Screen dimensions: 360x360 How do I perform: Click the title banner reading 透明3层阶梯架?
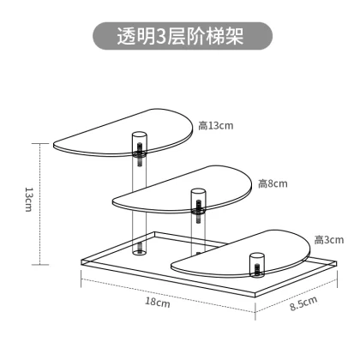coord(183,36)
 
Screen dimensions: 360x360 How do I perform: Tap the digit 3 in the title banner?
coord(161,37)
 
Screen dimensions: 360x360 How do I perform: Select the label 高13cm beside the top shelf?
coord(216,126)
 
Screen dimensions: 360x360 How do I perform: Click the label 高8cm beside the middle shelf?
coord(273,183)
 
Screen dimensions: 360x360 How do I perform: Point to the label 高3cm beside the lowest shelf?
coord(329,240)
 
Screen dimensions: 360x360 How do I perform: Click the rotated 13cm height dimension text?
coord(28,200)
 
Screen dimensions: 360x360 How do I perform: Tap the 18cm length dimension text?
coord(158,302)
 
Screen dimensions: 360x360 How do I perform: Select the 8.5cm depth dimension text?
coord(303,303)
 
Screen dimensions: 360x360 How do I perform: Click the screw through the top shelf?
coord(140,154)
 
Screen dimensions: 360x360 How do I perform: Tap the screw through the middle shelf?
coord(199,211)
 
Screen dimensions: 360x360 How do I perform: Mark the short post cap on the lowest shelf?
coord(256,256)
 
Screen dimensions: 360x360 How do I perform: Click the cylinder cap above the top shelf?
coord(140,135)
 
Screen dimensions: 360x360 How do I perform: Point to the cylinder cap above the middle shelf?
coord(199,192)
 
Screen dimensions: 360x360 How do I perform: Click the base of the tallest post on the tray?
coord(140,251)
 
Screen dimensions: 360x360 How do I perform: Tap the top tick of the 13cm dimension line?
coord(40,143)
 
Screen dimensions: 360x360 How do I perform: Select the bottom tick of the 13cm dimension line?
coord(40,265)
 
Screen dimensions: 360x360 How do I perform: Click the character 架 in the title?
coord(235,36)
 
